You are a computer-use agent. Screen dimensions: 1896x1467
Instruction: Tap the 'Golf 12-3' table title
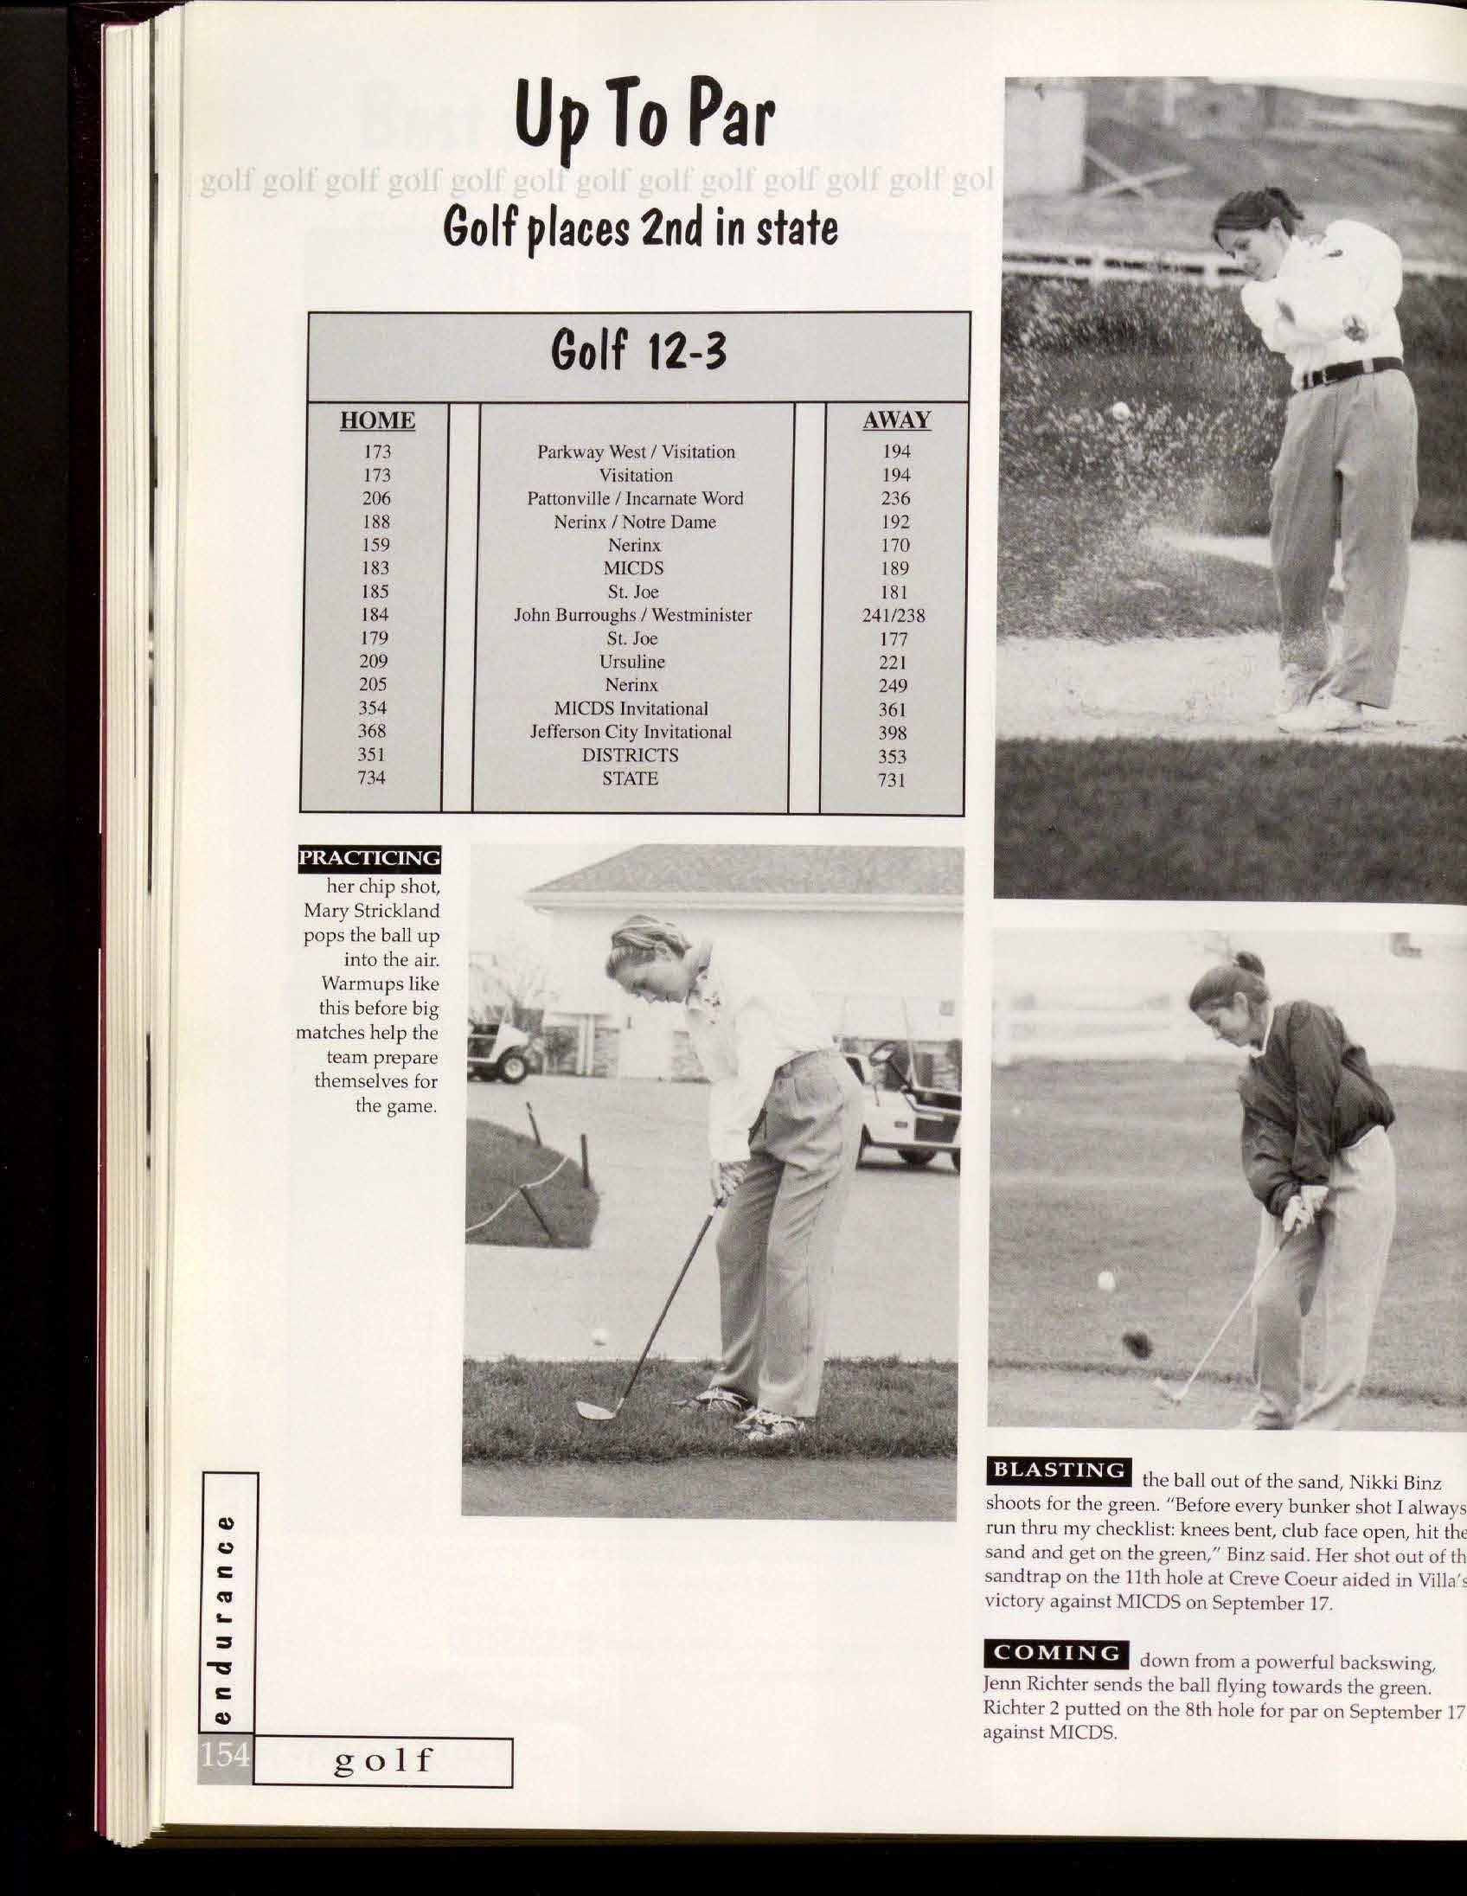[638, 351]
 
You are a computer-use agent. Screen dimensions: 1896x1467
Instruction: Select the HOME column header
[377, 421]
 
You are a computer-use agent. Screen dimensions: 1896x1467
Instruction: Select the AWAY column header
[896, 421]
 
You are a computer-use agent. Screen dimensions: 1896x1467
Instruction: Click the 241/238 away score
[894, 616]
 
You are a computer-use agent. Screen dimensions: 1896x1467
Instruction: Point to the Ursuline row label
[632, 662]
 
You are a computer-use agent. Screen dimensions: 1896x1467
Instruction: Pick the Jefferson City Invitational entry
[631, 732]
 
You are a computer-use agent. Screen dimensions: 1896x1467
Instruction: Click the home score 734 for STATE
[372, 778]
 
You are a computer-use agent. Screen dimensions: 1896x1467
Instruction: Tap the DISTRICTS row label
[631, 755]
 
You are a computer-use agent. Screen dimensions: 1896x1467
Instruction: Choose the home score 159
[376, 545]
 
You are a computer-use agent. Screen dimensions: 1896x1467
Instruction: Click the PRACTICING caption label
[369, 858]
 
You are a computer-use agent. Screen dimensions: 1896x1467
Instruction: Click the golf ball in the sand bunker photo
[1121, 411]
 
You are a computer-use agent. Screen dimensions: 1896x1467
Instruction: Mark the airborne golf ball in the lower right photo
[1106, 1279]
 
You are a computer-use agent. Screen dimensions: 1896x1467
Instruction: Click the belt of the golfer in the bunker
[1348, 372]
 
